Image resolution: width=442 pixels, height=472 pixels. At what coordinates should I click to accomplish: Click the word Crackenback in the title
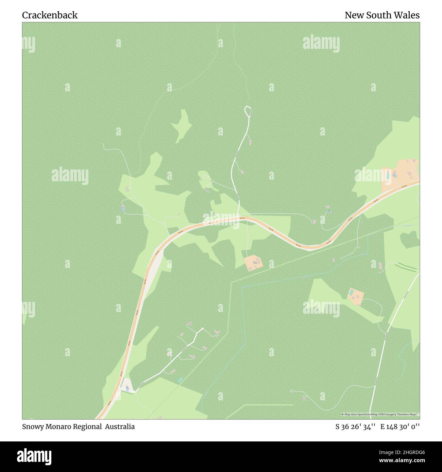50,15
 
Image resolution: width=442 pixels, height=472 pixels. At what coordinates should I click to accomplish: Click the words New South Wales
382,15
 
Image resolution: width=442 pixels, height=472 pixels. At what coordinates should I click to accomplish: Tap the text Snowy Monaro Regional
62,426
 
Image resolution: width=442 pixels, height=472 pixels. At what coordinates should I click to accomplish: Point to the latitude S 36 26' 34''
355,426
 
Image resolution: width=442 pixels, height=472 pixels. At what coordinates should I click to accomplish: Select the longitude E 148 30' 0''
400,426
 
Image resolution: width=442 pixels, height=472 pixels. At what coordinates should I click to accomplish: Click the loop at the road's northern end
248,111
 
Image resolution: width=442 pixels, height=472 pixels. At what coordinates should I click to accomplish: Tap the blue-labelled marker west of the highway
123,208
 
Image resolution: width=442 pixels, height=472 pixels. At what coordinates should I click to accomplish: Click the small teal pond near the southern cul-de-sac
180,380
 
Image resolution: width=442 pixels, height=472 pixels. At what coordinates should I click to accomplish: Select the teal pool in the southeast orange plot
351,292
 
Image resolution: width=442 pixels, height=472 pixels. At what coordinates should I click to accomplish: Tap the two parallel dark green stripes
406,267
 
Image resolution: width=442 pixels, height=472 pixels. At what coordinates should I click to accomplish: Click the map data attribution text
380,414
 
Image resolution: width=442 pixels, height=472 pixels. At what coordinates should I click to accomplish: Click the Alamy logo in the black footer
34,456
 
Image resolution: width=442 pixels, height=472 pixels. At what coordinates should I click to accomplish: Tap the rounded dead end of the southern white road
202,329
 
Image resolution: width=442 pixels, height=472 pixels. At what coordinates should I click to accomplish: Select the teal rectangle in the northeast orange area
388,176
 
